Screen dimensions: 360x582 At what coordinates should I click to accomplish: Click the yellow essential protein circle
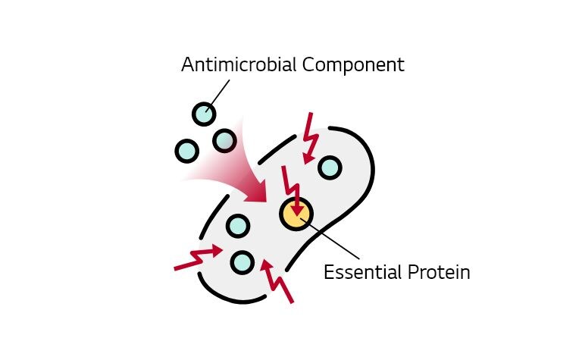tap(296, 214)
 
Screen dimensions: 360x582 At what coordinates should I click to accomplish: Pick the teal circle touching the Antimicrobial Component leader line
tap(203, 114)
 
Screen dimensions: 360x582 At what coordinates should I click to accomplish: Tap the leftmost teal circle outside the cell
tap(186, 150)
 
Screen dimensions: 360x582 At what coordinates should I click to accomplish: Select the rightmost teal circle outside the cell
tap(224, 140)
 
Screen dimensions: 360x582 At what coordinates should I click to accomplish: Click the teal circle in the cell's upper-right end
tap(329, 167)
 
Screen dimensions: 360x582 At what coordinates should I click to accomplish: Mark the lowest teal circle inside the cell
tap(242, 262)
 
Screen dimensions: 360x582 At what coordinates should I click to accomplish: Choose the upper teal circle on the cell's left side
tap(237, 225)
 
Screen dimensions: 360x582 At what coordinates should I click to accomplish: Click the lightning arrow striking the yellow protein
tap(293, 189)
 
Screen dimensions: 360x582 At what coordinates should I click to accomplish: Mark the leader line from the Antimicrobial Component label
tap(218, 93)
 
